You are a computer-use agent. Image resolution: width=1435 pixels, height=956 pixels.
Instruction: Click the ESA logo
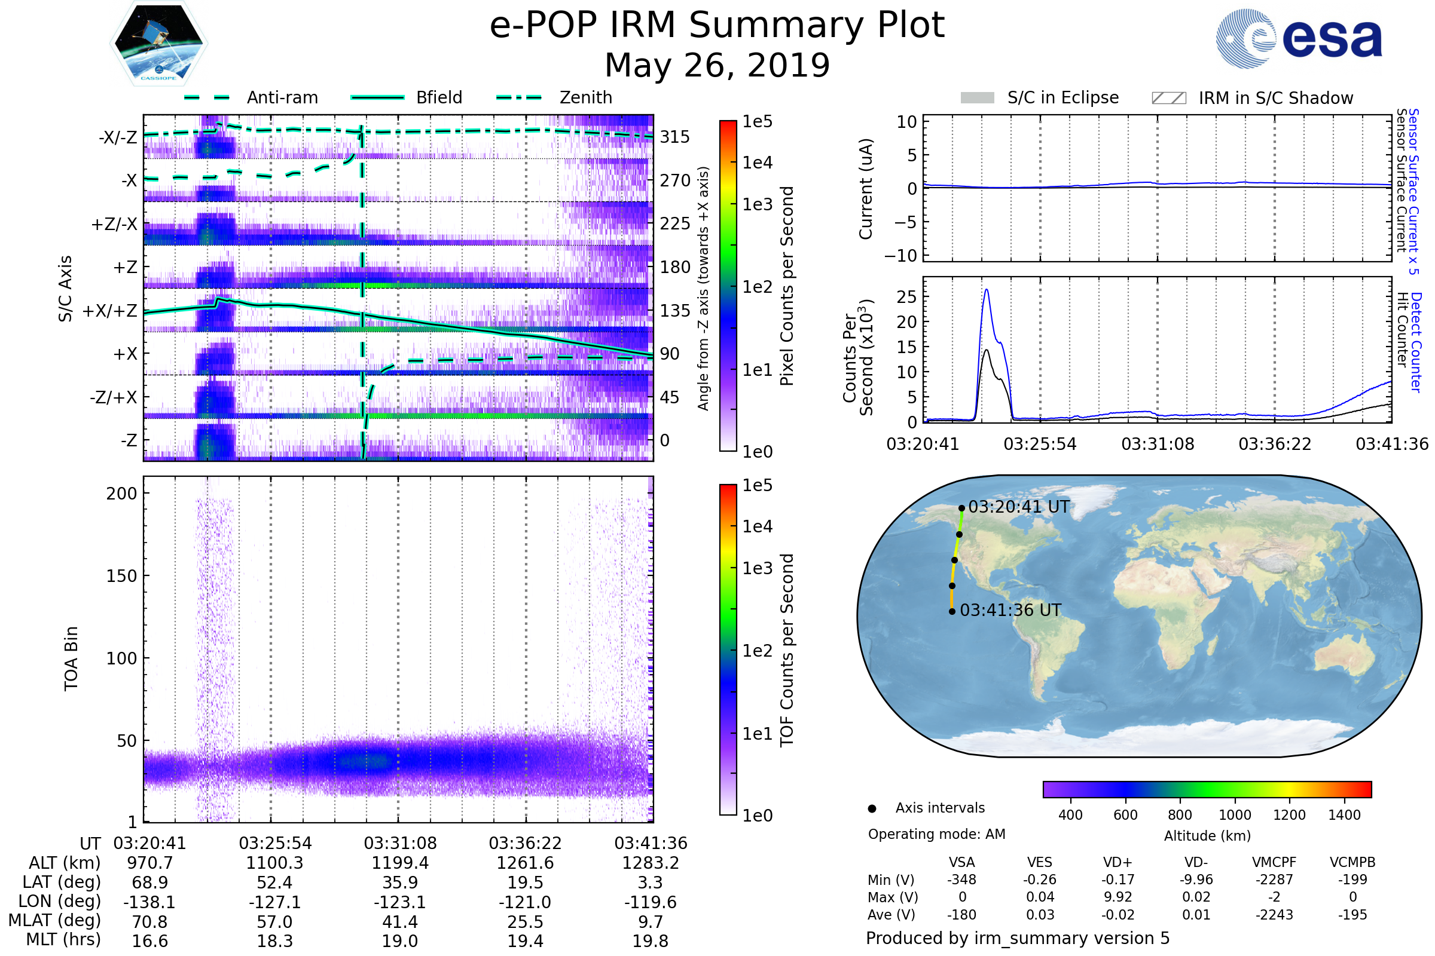1299,38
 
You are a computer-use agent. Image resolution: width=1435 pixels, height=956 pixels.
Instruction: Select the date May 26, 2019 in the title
717,65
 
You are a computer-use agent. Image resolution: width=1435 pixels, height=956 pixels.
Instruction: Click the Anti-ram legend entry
282,97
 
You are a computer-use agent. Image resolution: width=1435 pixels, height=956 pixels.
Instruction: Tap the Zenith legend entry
586,97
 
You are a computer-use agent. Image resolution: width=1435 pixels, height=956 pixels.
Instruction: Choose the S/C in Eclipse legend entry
1062,97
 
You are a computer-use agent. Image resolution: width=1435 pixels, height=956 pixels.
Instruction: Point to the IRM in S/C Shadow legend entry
1275,98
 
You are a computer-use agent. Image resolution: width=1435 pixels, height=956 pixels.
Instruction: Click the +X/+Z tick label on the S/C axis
110,311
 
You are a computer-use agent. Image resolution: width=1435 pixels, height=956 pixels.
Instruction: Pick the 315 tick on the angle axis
675,137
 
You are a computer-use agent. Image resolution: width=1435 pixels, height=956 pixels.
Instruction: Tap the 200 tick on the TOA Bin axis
121,494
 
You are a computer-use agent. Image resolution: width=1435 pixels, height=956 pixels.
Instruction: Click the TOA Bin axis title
71,658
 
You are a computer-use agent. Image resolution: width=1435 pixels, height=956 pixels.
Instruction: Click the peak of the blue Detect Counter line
987,290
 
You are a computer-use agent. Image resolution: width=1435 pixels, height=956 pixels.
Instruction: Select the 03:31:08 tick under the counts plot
1158,444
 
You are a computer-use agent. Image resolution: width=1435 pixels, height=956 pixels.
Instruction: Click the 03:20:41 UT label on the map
1018,507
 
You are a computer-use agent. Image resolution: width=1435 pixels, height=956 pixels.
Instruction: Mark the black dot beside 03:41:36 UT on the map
952,611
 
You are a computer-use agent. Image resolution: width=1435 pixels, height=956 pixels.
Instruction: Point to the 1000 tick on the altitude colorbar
1234,815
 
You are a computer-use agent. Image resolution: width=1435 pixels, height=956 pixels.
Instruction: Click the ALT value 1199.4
400,863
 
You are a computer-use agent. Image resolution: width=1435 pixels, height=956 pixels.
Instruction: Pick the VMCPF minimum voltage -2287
1274,880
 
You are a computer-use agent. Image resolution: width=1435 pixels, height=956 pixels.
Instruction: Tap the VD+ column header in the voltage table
1118,862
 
